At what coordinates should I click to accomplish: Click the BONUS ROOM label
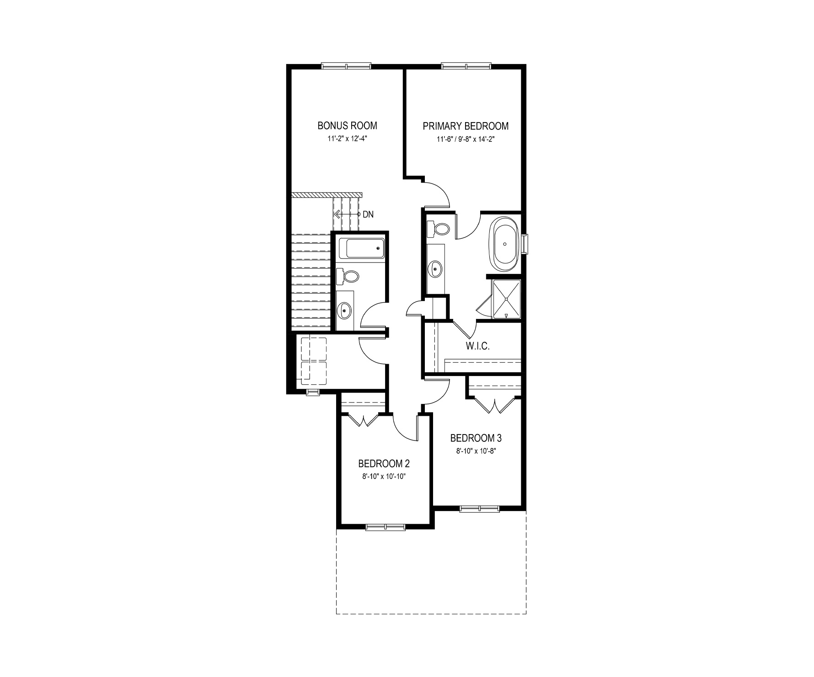(x=348, y=125)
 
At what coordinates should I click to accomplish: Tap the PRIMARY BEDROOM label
(x=466, y=126)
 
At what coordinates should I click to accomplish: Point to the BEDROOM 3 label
(x=476, y=438)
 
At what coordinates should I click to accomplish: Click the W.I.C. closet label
(x=478, y=346)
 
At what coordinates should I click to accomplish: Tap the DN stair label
(x=368, y=214)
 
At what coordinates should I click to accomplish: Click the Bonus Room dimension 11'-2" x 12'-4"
(x=348, y=138)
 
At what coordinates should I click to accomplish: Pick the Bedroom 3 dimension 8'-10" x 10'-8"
(x=476, y=451)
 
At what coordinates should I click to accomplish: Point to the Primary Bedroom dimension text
(x=466, y=139)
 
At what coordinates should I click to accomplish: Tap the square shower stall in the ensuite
(x=506, y=299)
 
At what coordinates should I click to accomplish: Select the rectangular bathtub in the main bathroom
(x=365, y=248)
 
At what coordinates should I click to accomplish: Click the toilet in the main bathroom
(x=348, y=276)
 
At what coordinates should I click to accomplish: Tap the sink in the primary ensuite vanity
(x=435, y=269)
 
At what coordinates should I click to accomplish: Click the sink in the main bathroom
(x=344, y=311)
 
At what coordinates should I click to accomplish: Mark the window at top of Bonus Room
(x=346, y=66)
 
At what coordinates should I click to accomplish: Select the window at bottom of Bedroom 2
(x=386, y=527)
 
